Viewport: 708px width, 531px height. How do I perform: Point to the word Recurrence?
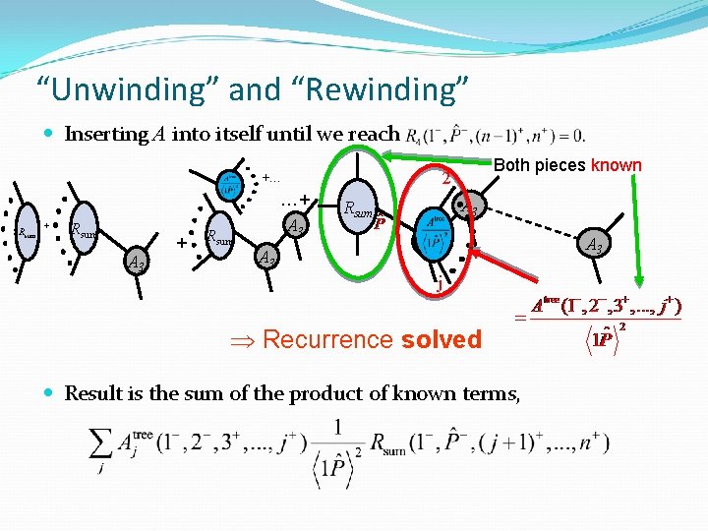(x=327, y=340)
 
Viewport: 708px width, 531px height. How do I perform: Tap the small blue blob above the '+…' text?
(x=228, y=183)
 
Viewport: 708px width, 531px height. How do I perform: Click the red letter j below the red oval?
(x=440, y=288)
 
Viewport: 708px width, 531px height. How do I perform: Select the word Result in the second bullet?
(x=91, y=393)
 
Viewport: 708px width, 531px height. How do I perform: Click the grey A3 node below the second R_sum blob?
(x=138, y=263)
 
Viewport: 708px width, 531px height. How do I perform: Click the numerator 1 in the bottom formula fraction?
(x=338, y=427)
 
